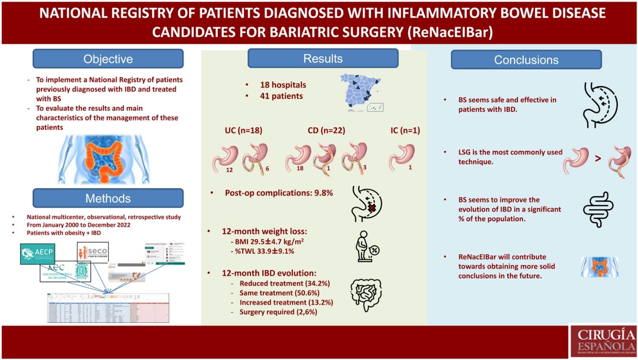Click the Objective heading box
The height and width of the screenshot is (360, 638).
[108, 59]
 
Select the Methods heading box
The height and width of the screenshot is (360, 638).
[108, 198]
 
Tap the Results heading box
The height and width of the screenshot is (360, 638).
[323, 58]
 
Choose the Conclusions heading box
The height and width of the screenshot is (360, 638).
[526, 60]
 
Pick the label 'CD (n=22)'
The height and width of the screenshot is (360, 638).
[327, 130]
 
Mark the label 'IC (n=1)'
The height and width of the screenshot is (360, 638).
[405, 130]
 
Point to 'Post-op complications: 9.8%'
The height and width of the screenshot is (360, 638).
[279, 193]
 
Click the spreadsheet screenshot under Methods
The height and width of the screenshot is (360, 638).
[108, 307]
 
